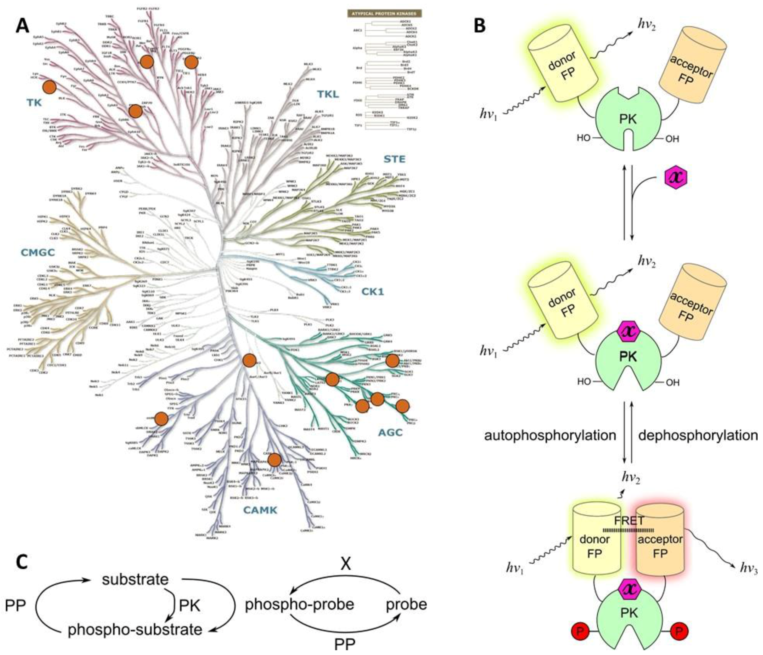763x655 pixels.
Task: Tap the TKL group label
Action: (328, 95)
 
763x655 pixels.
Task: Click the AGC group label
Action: (390, 432)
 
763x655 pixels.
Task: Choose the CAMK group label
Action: (260, 510)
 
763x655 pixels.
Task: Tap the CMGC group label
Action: (38, 253)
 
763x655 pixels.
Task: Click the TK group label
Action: (34, 103)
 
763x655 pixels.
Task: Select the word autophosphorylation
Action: (550, 436)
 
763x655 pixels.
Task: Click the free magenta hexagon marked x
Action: (676, 177)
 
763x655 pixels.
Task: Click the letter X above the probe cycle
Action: (345, 563)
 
